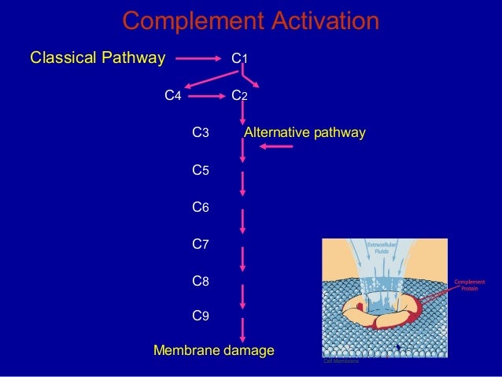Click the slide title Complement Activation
click(x=250, y=22)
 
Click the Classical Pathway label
click(x=98, y=57)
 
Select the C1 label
click(x=239, y=58)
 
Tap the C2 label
click(x=239, y=96)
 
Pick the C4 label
click(x=172, y=96)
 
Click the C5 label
click(x=200, y=170)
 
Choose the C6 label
click(x=200, y=207)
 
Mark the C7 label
click(x=200, y=244)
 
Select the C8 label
click(x=200, y=280)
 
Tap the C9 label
click(x=200, y=316)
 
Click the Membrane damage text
click(x=214, y=349)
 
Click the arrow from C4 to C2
click(x=206, y=96)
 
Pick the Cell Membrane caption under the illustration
click(x=341, y=360)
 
